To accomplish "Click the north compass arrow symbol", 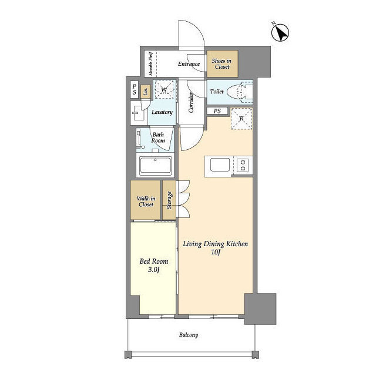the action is (x=280, y=32).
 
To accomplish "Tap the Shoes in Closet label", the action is (x=221, y=64).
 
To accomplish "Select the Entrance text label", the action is (x=189, y=64).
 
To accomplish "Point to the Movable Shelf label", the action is (x=150, y=63).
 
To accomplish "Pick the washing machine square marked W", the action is (x=164, y=89).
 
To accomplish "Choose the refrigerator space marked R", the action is (x=241, y=119).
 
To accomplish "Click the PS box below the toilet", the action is (x=217, y=111).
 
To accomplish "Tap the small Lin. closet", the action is (x=145, y=92).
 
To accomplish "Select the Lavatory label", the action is (x=162, y=112).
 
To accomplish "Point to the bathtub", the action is (x=155, y=166).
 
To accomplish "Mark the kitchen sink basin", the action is (x=220, y=164).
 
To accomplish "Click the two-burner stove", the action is (x=243, y=165).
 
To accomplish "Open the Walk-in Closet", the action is (x=145, y=200).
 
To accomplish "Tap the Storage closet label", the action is (x=169, y=200).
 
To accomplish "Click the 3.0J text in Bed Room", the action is (x=154, y=270).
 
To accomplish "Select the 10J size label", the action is (x=216, y=252).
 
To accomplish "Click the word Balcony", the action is (x=189, y=335).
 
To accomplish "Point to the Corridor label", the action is (x=191, y=102).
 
